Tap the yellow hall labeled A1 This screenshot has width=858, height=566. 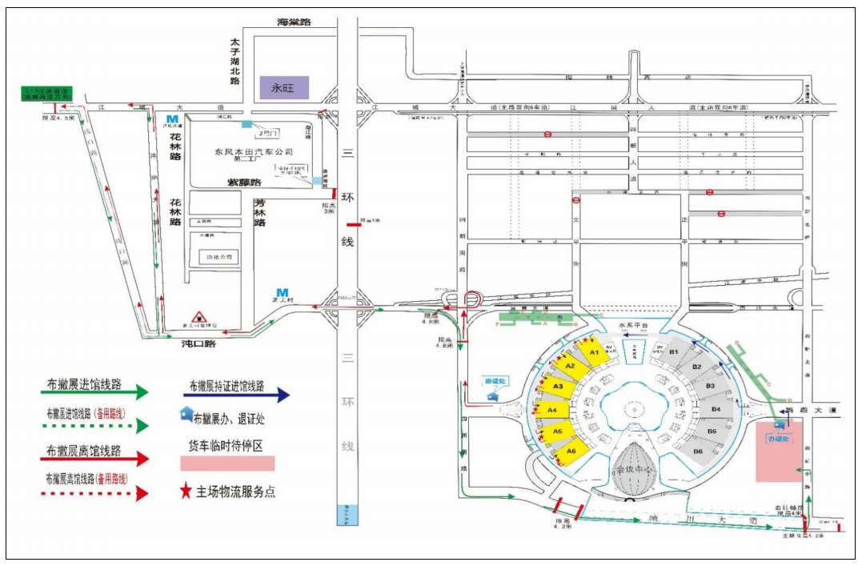point(593,351)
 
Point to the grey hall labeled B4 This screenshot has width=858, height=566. point(716,410)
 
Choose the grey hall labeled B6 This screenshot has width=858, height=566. point(697,452)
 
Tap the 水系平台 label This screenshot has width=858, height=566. point(632,325)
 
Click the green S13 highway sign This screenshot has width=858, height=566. point(46,93)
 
